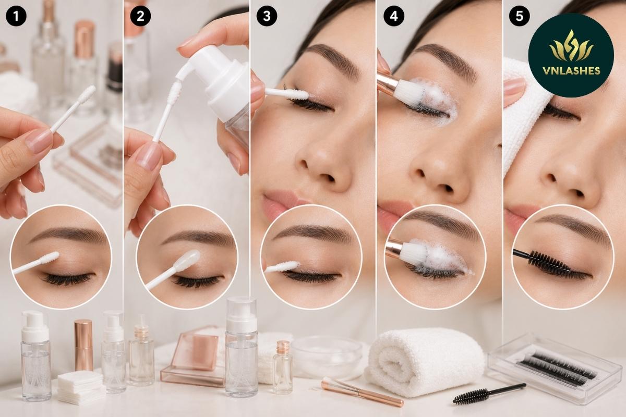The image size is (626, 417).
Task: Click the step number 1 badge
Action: (16, 16)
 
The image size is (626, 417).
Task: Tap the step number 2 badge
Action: (140, 16)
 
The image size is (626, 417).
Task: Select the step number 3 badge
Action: (267, 16)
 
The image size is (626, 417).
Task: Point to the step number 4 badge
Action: (394, 16)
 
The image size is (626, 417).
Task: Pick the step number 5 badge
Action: (519, 16)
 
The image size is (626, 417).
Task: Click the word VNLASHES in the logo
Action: (572, 71)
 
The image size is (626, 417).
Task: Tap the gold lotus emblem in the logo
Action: (571, 46)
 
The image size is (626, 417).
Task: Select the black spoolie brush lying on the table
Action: (489, 393)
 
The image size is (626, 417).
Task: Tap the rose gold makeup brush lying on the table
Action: (363, 391)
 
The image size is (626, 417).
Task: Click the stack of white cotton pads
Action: (80, 387)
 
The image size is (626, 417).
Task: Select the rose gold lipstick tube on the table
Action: (83, 345)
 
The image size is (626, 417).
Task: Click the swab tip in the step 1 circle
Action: (50, 257)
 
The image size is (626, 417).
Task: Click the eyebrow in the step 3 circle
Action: (311, 232)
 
